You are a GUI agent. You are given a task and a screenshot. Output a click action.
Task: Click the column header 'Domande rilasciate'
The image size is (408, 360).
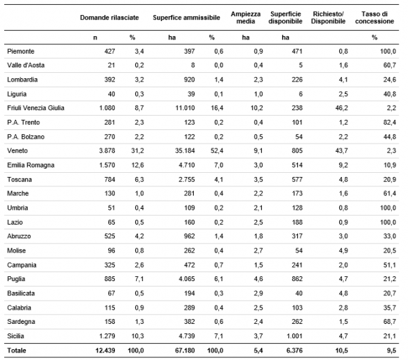click(109, 18)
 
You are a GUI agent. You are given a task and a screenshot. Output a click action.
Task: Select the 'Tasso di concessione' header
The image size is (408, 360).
click(375, 18)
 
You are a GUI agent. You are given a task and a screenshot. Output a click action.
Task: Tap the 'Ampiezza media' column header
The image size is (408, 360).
click(245, 18)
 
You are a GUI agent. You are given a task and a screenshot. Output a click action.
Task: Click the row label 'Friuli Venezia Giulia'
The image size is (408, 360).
click(35, 108)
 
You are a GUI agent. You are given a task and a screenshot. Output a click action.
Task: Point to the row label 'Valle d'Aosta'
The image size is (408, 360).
click(26, 65)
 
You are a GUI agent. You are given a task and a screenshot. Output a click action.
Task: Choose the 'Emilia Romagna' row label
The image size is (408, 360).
click(31, 165)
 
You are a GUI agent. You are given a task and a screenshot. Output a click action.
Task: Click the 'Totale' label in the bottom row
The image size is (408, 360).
click(16, 350)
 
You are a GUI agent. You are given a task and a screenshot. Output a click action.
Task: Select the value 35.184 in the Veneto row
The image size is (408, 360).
click(185, 151)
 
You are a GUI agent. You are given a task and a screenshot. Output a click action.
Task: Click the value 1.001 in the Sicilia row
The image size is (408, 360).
click(294, 336)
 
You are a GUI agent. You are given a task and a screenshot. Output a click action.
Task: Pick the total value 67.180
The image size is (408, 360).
click(185, 350)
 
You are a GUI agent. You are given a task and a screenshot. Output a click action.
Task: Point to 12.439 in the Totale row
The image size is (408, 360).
click(105, 350)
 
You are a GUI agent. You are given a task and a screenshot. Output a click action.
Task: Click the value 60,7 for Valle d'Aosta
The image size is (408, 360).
click(390, 65)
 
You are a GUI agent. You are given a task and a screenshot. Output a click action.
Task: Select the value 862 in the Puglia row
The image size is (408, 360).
click(297, 279)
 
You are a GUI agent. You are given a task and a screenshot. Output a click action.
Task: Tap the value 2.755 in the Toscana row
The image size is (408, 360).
click(186, 180)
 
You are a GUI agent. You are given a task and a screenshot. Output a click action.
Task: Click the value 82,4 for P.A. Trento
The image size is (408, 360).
click(390, 122)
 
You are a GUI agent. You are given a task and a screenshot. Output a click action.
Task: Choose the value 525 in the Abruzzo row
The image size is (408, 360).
click(109, 236)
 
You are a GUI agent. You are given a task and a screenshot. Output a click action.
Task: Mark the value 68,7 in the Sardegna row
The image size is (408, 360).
click(390, 322)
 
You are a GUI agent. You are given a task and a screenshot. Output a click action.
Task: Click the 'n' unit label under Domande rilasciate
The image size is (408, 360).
click(95, 37)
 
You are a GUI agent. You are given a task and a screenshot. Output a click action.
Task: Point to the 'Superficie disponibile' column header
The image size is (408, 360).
click(286, 18)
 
